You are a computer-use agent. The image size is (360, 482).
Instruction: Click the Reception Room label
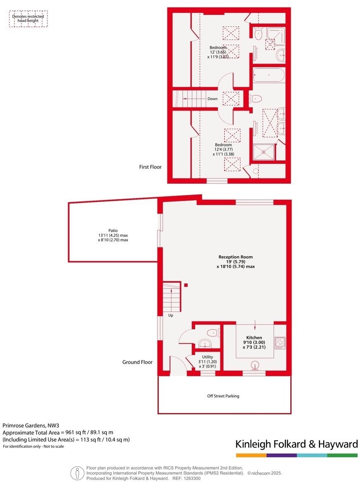235,257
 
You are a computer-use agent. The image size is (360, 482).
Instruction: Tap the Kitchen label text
254,338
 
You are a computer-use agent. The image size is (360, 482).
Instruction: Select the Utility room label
207,357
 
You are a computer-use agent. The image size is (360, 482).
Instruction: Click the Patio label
113,231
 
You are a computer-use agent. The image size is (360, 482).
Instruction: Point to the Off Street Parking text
223,396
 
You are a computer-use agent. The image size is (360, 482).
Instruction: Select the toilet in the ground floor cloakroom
212,333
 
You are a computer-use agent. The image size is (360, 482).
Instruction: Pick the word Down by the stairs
212,99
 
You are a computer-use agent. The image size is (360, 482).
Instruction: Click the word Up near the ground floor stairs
171,315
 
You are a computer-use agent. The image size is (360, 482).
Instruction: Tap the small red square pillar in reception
186,285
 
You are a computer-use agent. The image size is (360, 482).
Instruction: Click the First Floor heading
150,167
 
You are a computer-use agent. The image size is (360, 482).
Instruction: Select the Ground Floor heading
137,362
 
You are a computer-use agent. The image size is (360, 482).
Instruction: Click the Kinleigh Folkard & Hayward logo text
296,444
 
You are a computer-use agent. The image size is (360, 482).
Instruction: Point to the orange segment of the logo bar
251,455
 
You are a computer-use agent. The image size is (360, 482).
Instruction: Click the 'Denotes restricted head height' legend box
28,19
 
